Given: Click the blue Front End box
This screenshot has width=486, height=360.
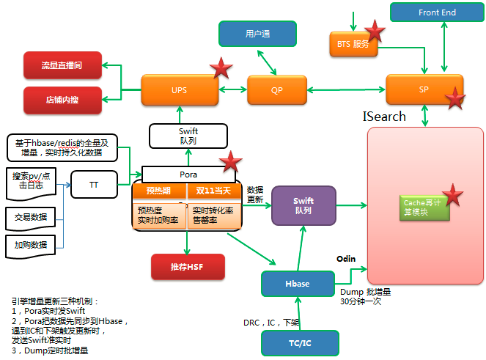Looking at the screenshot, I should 437,12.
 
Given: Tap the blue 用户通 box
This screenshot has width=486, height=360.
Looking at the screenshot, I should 257,34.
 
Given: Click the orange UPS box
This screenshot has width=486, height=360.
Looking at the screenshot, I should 179,90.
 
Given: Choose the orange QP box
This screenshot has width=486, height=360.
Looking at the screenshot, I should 276,90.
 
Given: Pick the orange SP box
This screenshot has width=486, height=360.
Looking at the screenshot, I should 424,89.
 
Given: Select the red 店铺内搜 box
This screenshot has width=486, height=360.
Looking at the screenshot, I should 63,99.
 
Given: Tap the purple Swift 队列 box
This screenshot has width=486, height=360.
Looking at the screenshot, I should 303,205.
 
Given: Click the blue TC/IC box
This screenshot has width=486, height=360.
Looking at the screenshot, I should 300,342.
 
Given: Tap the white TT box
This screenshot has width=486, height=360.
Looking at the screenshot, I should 94,185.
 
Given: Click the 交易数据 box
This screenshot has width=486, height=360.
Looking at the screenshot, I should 30,217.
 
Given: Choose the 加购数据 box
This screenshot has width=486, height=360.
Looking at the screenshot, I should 30,245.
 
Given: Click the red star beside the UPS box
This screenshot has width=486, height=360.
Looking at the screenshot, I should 221,69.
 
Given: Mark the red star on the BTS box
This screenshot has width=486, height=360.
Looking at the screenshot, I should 375,31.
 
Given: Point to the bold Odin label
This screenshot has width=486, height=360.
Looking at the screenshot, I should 346,259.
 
